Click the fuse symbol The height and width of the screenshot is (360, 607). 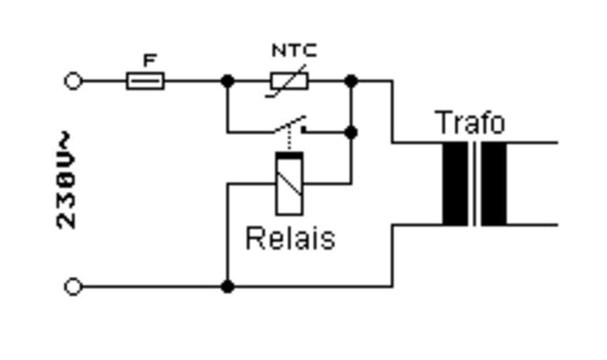tap(146, 82)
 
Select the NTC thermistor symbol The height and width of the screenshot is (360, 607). tap(288, 82)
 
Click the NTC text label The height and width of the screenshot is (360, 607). tap(295, 51)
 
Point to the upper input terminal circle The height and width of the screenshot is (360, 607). tap(73, 82)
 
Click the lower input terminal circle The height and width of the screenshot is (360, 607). tap(73, 287)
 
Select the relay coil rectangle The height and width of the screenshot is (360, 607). tap(290, 184)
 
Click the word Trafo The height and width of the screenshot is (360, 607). tap(471, 123)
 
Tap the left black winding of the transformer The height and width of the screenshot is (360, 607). tap(454, 184)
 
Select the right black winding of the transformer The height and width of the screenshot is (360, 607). tap(494, 184)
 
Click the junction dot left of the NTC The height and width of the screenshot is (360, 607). tap(227, 82)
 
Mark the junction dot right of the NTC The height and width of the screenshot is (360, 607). tap(351, 82)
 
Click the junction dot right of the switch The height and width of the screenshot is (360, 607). tap(351, 131)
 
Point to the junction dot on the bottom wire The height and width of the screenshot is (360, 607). tap(227, 287)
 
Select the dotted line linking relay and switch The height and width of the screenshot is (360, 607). tap(290, 141)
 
